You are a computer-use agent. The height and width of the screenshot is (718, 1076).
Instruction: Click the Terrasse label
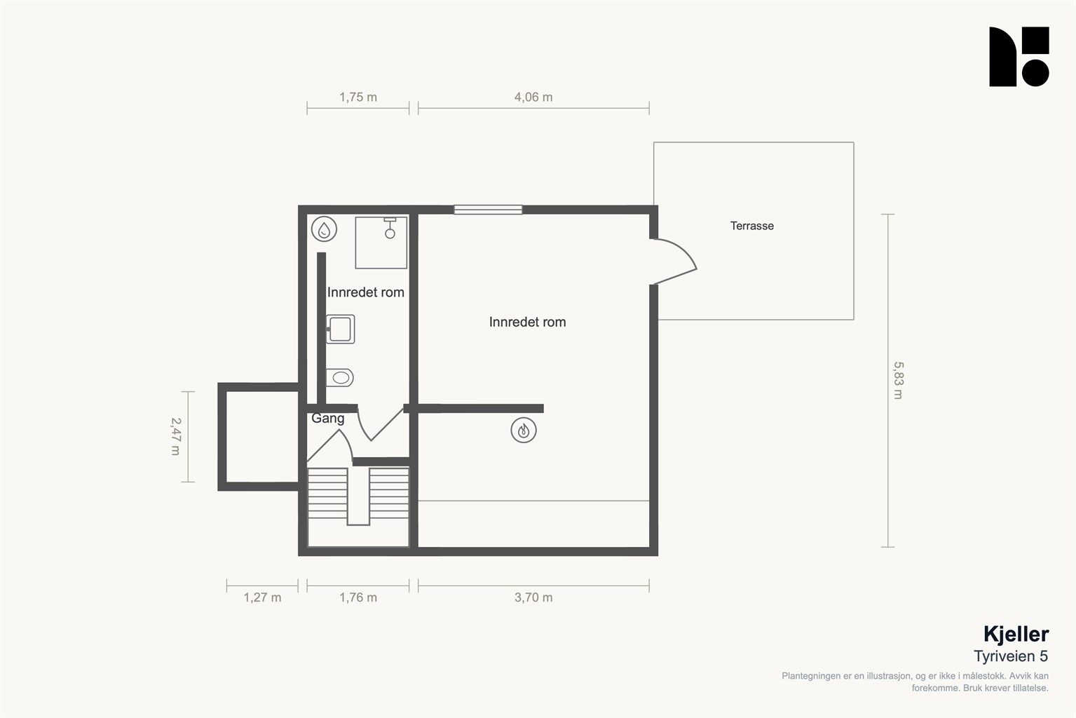click(x=751, y=226)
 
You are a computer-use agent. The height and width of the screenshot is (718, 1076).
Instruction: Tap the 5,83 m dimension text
click(x=898, y=380)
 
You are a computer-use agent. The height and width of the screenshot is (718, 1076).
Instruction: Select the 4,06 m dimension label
click(x=533, y=97)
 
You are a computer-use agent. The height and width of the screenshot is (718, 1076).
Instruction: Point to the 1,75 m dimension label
click(x=358, y=97)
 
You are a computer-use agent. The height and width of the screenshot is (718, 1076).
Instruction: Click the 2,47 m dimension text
click(x=176, y=436)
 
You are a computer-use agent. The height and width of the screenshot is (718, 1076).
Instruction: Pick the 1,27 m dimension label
click(x=262, y=597)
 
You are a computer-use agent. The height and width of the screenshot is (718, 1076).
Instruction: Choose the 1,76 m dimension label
click(x=358, y=597)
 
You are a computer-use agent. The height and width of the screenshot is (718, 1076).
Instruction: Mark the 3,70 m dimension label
click(x=533, y=597)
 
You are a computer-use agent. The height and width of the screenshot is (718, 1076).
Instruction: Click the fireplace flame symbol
click(x=524, y=430)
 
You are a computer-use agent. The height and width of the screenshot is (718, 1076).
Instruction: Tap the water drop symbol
click(x=325, y=229)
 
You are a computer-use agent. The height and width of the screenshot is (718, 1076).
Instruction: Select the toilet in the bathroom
click(x=339, y=378)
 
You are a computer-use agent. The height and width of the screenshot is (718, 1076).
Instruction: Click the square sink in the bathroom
click(x=341, y=330)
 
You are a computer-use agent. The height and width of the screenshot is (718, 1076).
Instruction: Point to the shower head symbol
click(x=390, y=229)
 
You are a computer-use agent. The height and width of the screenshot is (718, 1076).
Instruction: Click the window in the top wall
click(x=488, y=210)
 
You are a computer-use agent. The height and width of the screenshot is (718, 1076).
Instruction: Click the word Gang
click(x=327, y=418)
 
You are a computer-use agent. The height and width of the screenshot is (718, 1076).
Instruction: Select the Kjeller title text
click(x=1016, y=635)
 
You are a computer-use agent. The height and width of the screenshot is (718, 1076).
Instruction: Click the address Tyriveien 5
click(x=1011, y=656)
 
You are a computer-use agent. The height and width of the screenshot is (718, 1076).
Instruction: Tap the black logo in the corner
click(x=1019, y=57)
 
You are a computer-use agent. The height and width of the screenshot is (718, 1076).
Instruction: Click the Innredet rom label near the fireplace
click(x=527, y=322)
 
